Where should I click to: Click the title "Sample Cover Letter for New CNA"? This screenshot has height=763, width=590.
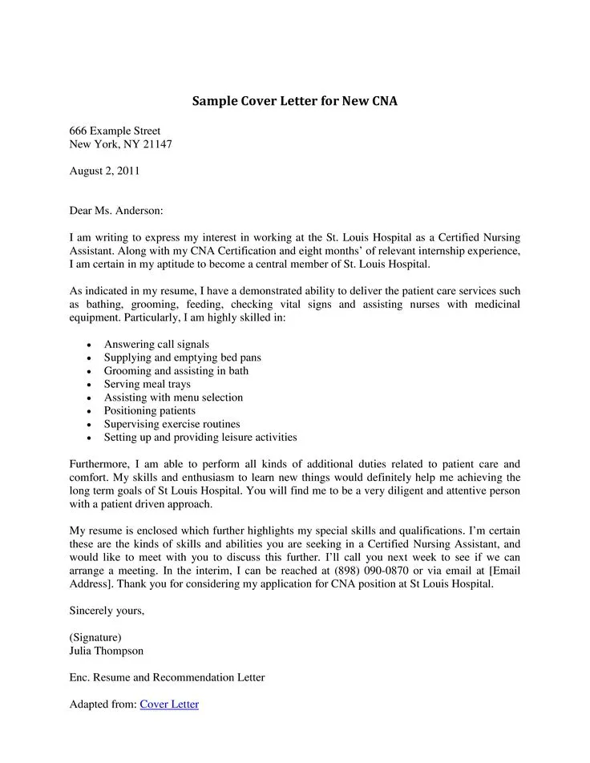294,102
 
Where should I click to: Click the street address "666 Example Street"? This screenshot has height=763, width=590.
115,131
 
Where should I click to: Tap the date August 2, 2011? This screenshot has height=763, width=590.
105,171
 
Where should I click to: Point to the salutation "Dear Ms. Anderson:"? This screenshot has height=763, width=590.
116,211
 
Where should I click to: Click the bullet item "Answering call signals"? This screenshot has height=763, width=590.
156,344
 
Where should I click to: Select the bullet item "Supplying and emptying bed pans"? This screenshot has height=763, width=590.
182,357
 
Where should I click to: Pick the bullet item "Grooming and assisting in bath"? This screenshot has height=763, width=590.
176,371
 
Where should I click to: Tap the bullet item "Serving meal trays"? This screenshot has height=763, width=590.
147,384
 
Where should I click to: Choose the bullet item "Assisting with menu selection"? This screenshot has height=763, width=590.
173,398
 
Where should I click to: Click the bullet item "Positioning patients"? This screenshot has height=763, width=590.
150,411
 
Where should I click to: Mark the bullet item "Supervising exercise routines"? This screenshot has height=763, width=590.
172,424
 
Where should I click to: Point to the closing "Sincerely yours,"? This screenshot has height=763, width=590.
107,611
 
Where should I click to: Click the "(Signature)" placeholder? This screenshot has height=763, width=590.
95,637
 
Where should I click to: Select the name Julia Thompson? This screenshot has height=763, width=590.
107,651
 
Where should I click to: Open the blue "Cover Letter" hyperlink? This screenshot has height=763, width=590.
169,704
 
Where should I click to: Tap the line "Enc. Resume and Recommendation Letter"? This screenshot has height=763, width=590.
167,677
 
